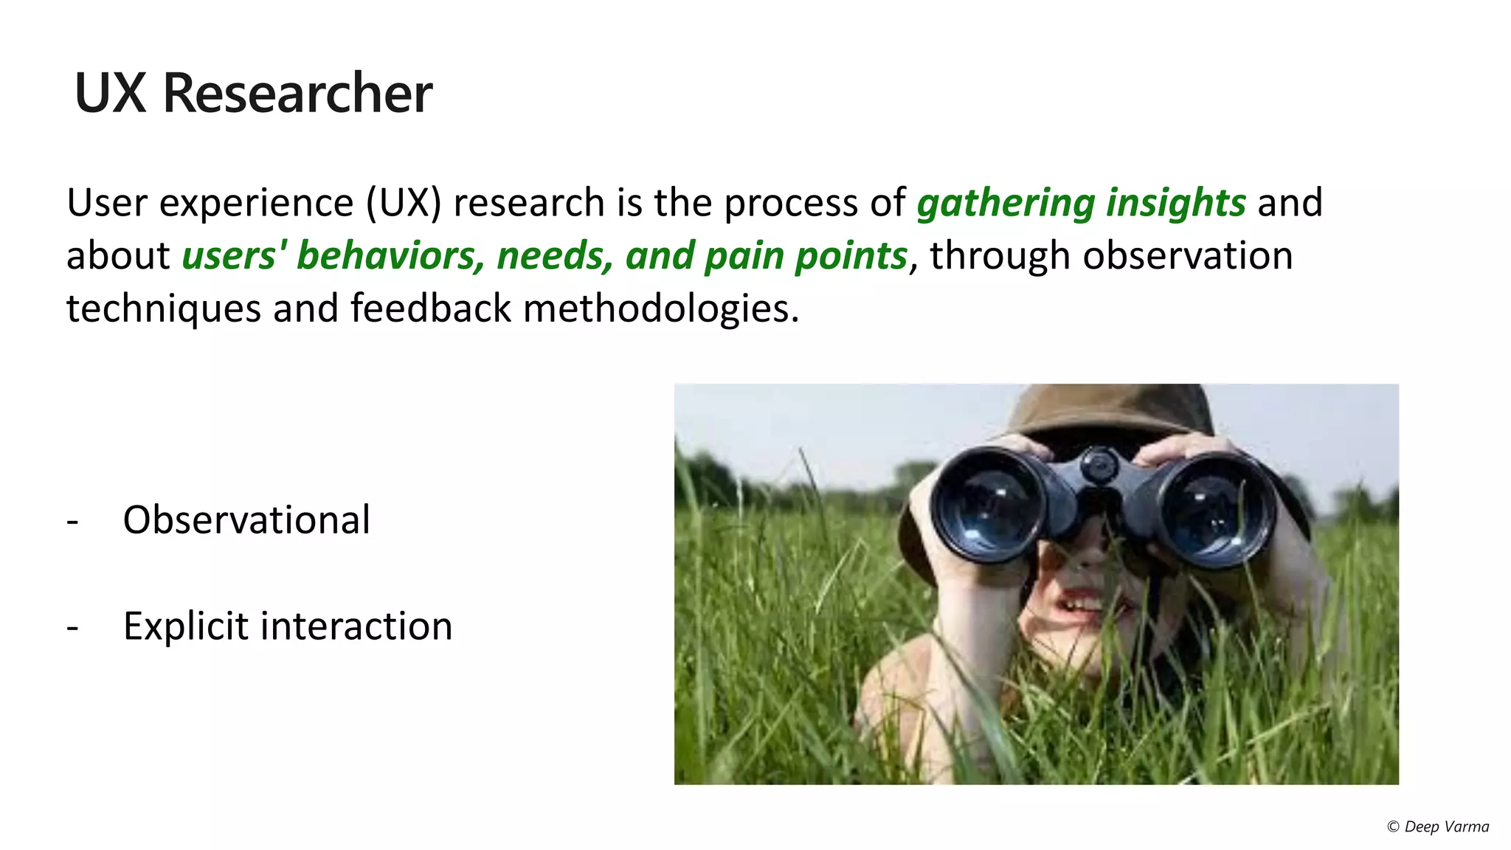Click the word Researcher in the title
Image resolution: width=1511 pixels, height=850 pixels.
coord(297,94)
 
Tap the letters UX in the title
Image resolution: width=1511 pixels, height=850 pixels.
coord(110,94)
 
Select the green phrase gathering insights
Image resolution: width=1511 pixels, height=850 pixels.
coord(1081,203)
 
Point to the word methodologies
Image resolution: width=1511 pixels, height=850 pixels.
coord(661,308)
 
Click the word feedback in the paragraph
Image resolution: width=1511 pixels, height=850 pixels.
coord(430,308)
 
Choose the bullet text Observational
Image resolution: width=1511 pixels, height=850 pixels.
coord(246,520)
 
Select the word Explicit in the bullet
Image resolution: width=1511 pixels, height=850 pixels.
coord(185,626)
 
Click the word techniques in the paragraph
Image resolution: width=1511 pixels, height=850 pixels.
coord(163,308)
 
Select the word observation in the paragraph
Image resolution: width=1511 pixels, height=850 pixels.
coord(1187,256)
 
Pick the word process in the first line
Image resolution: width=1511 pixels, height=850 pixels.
coord(790,203)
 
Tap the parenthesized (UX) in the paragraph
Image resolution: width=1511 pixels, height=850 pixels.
coord(404,203)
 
